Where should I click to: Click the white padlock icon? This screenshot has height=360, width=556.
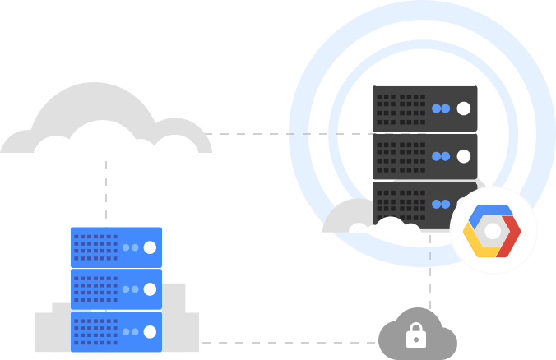pos(416,335)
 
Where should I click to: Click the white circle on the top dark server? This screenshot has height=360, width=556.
pos(464,108)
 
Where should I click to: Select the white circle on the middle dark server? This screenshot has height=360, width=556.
pos(464,155)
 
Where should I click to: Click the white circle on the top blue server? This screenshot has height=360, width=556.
pos(150,247)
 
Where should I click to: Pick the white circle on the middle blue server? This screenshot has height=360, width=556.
pos(150,289)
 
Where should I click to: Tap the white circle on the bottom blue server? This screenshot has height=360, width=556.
pos(150,331)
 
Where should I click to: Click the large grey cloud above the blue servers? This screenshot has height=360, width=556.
pos(107,123)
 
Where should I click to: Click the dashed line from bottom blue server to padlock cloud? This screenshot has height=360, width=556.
pos(288,342)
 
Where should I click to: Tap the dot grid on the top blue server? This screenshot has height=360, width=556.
pos(95,247)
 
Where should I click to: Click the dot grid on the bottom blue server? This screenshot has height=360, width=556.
pos(95,331)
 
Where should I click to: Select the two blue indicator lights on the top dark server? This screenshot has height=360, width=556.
pos(442,108)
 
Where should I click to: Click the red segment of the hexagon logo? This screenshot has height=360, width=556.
pos(512,236)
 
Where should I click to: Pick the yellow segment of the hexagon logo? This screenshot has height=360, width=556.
pos(475,243)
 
